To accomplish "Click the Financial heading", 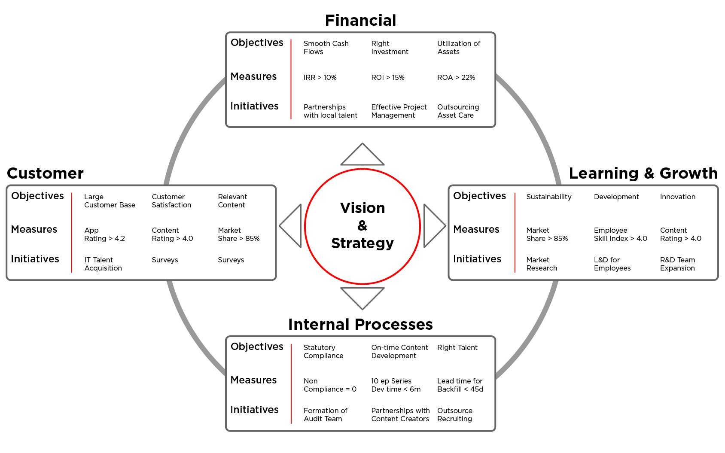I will coord(360,20).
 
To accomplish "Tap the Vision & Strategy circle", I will coord(362,226).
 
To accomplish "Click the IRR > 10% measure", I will coord(320,77).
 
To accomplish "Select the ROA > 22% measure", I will coord(456,77).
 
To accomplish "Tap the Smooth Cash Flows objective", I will coord(326,47).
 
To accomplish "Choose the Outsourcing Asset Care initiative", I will coord(458,111).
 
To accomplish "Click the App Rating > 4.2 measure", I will coord(104,234).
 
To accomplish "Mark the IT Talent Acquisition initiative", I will coord(103,264).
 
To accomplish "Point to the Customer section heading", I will coord(46,173).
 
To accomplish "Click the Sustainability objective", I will coord(549,197).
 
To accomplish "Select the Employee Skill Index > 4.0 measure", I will coord(620,234).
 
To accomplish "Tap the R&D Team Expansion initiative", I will coord(677,264).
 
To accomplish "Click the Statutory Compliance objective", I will coord(323,351).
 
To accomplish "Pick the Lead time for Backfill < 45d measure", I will coord(460,385).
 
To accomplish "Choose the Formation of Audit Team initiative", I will coord(325,414).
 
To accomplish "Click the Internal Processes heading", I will coord(360,324).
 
